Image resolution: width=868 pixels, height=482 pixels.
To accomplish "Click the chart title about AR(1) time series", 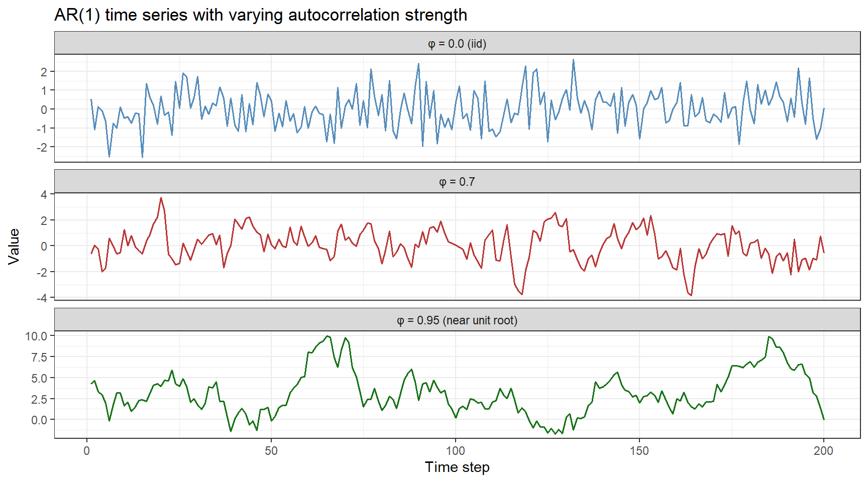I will pyautogui.click(x=261, y=15).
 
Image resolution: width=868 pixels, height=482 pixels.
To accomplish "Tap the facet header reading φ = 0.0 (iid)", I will pyautogui.click(x=457, y=44).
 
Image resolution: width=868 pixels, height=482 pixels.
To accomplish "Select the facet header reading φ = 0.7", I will pyautogui.click(x=457, y=182).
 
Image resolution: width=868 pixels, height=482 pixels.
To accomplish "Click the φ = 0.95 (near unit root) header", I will pyautogui.click(x=457, y=320).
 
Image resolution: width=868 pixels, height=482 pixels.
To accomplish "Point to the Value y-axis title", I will pyautogui.click(x=14, y=246).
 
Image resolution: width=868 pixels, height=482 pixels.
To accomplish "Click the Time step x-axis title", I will pyautogui.click(x=457, y=467).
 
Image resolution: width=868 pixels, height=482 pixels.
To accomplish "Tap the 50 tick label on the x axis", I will pyautogui.click(x=271, y=450).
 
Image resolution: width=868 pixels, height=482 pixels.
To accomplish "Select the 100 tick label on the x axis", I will pyautogui.click(x=456, y=450).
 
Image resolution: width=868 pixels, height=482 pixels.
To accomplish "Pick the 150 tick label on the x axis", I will pyautogui.click(x=639, y=450).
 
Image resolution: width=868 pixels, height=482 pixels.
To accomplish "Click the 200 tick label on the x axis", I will pyautogui.click(x=823, y=450).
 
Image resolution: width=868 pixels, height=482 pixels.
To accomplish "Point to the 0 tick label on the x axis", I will pyautogui.click(x=87, y=450).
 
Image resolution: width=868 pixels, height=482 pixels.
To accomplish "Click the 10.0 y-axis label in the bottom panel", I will pyautogui.click(x=36, y=336).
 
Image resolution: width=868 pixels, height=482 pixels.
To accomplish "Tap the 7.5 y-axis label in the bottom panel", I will pyautogui.click(x=39, y=357).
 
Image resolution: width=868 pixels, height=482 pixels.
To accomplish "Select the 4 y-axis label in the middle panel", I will pyautogui.click(x=44, y=194).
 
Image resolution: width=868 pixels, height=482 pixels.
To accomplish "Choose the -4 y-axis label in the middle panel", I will pyautogui.click(x=42, y=298).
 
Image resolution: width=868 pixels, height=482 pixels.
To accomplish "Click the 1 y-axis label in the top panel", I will pyautogui.click(x=44, y=91).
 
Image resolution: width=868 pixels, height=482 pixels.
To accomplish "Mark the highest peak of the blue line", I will pyautogui.click(x=573, y=60).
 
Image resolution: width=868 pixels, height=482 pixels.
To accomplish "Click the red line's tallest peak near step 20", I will pyautogui.click(x=161, y=198).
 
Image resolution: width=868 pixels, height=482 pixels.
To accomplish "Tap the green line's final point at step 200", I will pyautogui.click(x=823, y=419).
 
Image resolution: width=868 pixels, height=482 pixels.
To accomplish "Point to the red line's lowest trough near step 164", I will pyautogui.click(x=691, y=295).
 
